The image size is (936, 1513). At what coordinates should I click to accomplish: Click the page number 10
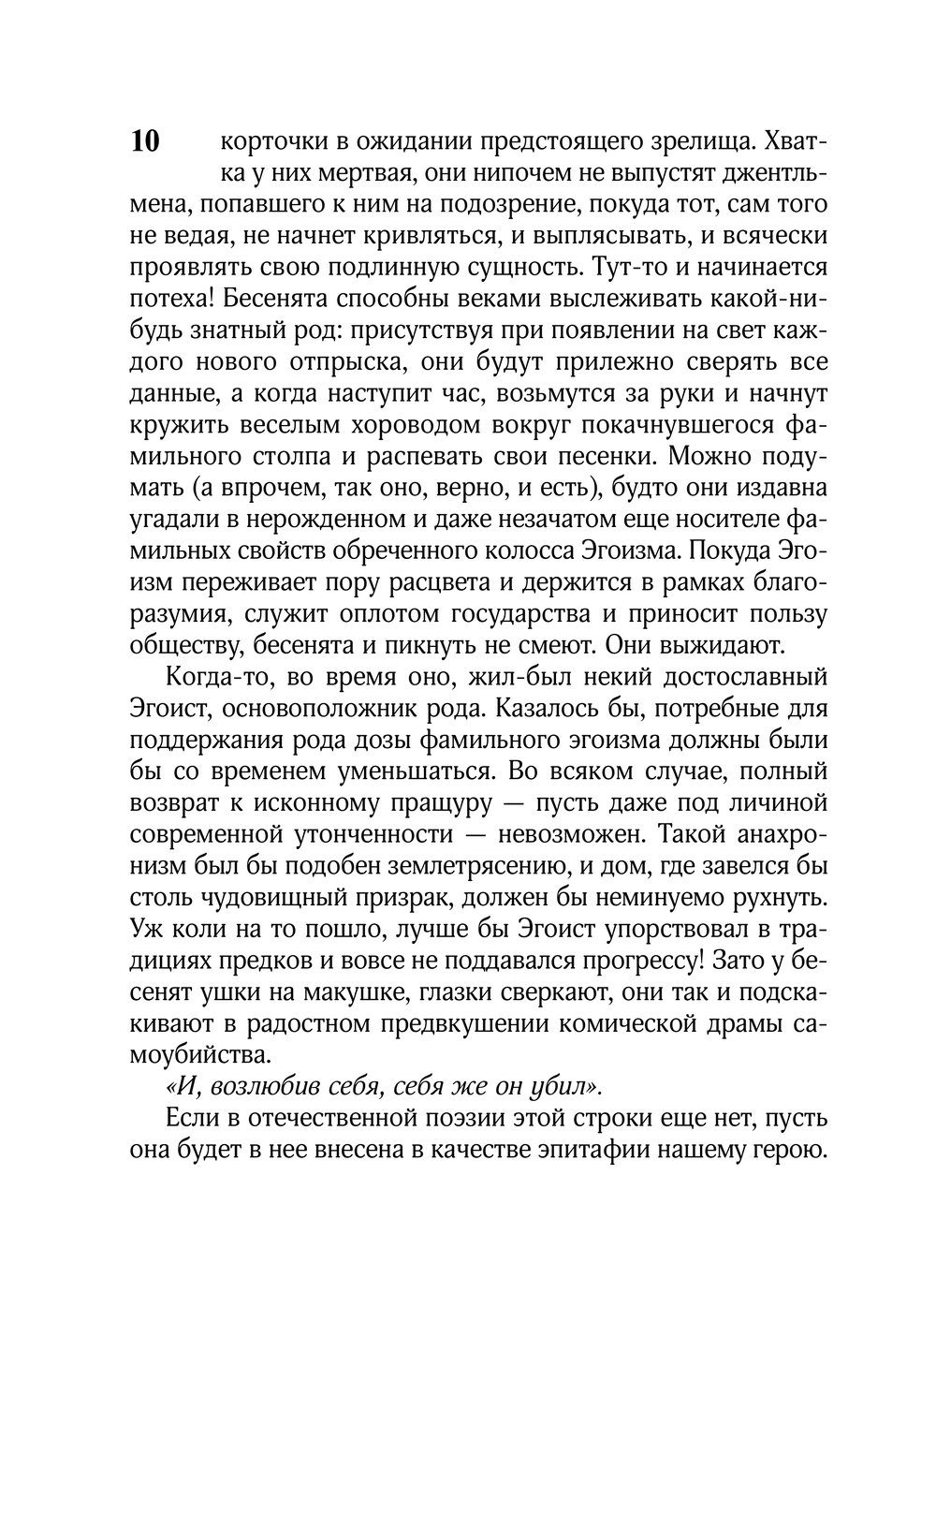pos(145,141)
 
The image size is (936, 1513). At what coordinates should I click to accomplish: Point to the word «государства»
pos(525,615)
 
